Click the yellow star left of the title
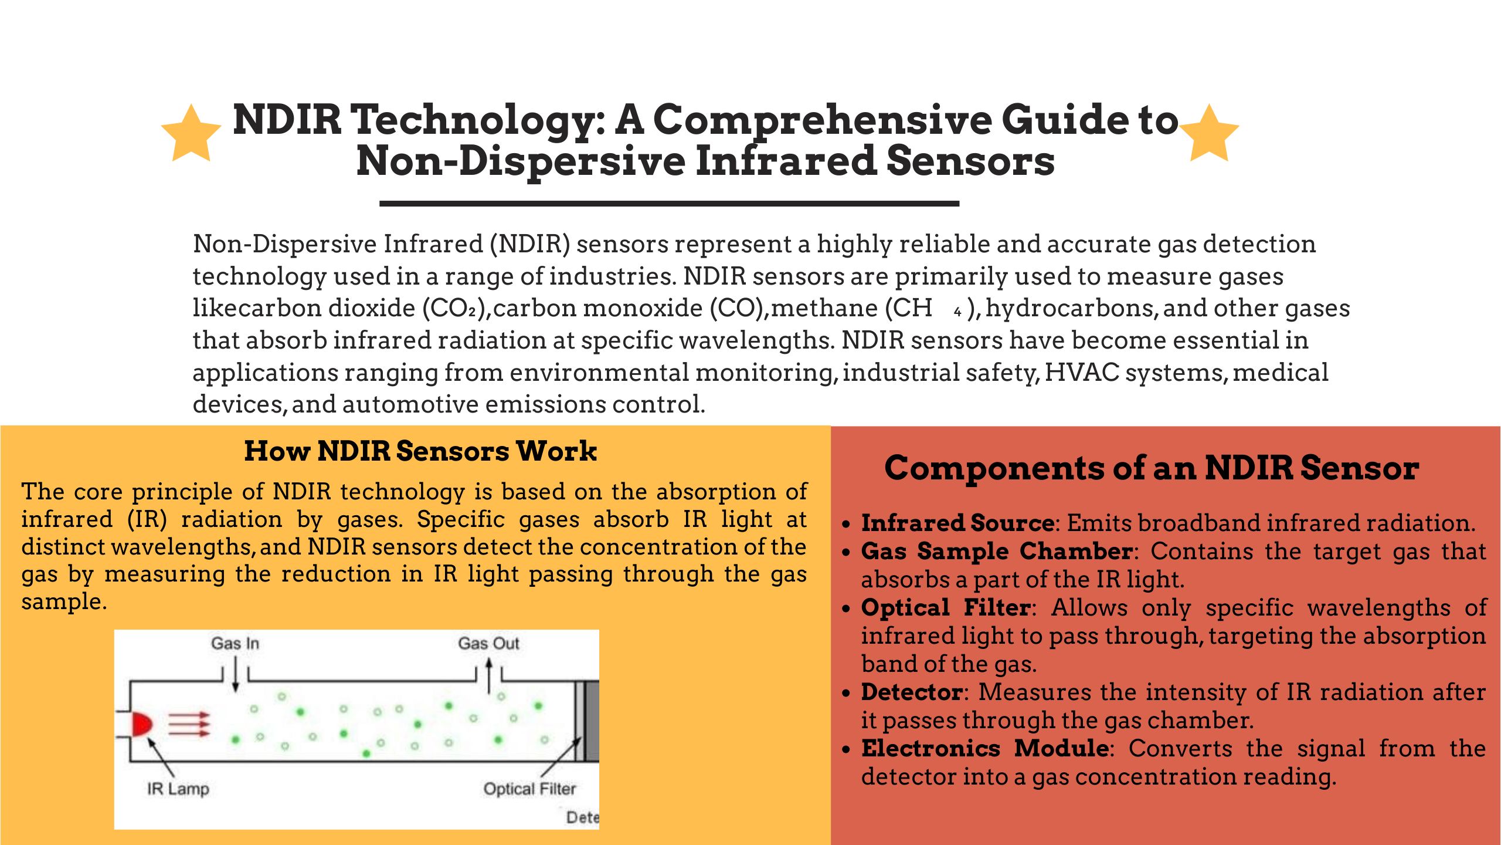pyautogui.click(x=191, y=134)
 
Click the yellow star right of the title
pyautogui.click(x=1209, y=134)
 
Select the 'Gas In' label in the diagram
pyautogui.click(x=235, y=643)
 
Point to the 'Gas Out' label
pyautogui.click(x=488, y=643)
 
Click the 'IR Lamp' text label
pyautogui.click(x=178, y=788)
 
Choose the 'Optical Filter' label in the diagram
pyautogui.click(x=529, y=789)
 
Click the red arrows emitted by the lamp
pyautogui.click(x=189, y=724)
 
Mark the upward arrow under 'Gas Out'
pyautogui.click(x=489, y=676)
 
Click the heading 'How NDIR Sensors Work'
pyautogui.click(x=420, y=451)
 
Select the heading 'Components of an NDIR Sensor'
pyautogui.click(x=1152, y=468)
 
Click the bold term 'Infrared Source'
pyautogui.click(x=957, y=523)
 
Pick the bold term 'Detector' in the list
pyautogui.click(x=912, y=692)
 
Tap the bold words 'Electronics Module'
pyautogui.click(x=985, y=748)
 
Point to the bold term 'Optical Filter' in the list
pyautogui.click(x=946, y=607)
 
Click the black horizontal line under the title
pyautogui.click(x=669, y=204)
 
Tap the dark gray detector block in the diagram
pyautogui.click(x=592, y=721)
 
